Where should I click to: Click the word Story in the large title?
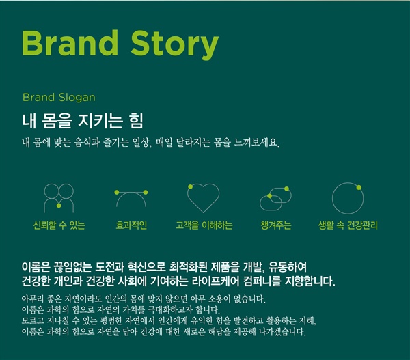pos(174,45)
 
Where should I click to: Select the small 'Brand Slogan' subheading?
pos(59,98)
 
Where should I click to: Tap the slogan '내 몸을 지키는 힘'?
pos(83,120)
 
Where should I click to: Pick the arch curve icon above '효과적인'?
pos(131,192)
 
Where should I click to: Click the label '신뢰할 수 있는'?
pos(59,225)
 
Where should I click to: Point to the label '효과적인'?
pos(131,225)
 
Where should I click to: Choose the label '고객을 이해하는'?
pos(204,225)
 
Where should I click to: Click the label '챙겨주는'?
pos(276,225)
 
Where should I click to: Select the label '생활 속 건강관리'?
pos(348,225)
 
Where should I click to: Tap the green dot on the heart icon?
pos(191,186)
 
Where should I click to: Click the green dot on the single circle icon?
pos(359,187)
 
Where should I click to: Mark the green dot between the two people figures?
pos(59,206)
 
